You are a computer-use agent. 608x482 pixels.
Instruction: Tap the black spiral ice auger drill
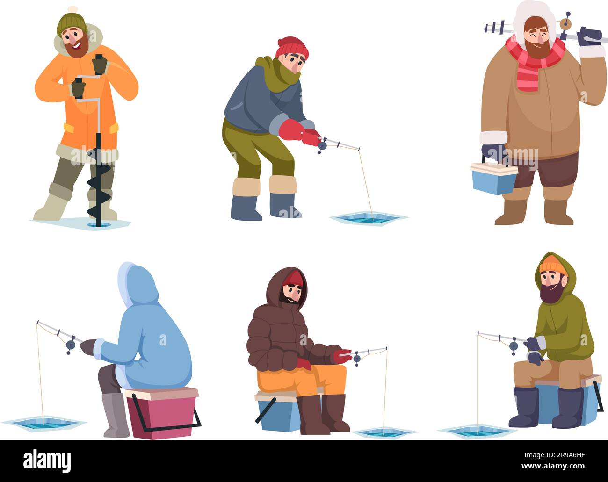click(x=99, y=187)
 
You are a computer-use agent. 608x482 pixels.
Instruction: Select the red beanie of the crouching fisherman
click(x=292, y=47)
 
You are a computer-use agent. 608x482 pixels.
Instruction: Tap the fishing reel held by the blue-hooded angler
click(x=71, y=345)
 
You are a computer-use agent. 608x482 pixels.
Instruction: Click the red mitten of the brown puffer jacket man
click(x=342, y=356)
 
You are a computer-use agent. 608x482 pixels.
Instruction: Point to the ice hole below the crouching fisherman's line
click(x=368, y=217)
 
